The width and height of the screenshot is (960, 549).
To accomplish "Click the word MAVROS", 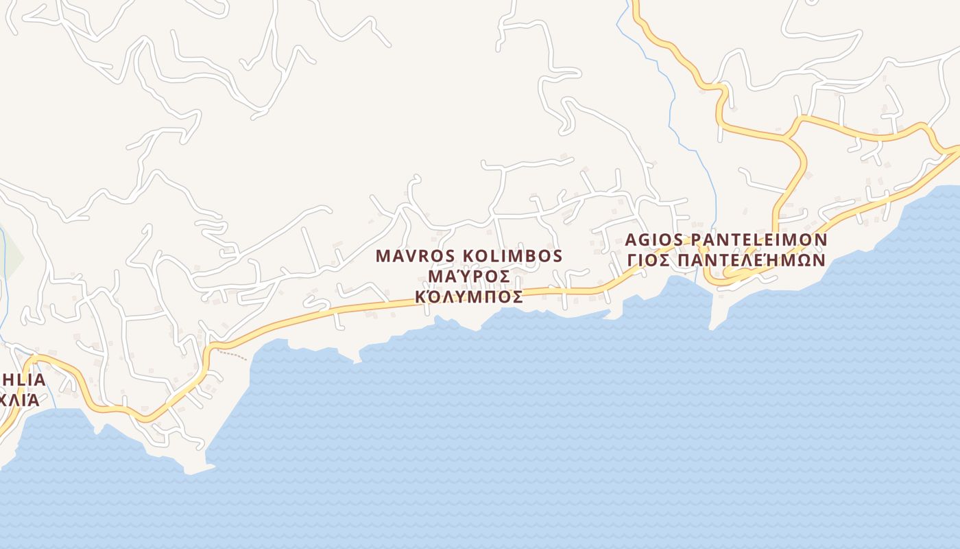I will click(x=416, y=257).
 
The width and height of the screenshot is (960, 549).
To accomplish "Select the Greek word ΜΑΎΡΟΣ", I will click(x=469, y=277).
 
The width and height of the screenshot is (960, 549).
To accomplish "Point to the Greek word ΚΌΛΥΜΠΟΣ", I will click(x=469, y=297).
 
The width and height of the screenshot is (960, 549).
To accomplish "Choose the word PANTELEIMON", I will click(x=758, y=240).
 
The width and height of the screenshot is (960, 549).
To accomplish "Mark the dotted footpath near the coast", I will click(x=232, y=354).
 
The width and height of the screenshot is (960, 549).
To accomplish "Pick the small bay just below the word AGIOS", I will click(x=679, y=283).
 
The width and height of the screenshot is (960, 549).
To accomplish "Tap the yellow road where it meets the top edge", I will click(x=635, y=3).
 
